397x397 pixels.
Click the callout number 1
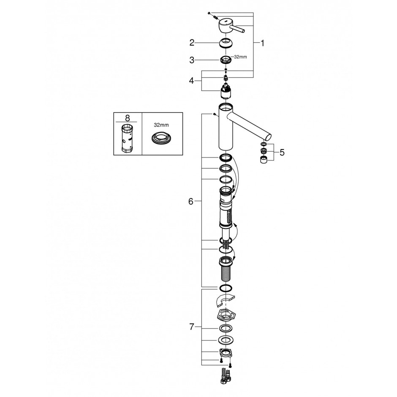point(263,44)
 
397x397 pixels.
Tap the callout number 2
point(192,43)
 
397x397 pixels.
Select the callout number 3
point(192,60)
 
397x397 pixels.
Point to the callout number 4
point(191,81)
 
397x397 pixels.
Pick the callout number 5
point(282,152)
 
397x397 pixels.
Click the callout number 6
point(190,201)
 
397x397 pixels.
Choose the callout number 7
point(192,327)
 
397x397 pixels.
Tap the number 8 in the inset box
point(128,118)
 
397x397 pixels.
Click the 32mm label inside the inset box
point(161,125)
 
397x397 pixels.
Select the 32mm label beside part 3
point(240,57)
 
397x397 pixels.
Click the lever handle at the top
point(231,26)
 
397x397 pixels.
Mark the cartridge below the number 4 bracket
point(226,92)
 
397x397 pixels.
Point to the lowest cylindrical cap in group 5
point(264,160)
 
